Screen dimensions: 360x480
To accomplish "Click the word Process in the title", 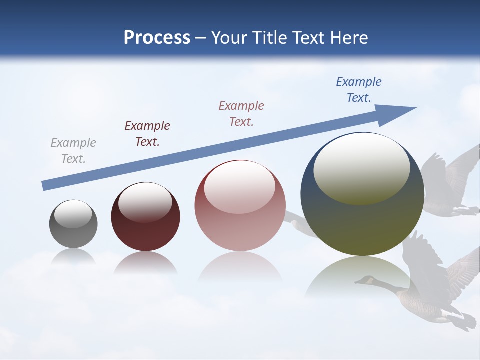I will (x=157, y=38).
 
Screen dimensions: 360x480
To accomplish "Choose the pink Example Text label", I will (x=241, y=113).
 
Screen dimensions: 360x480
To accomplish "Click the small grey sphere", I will (x=73, y=230).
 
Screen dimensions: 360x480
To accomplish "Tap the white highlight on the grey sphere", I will (x=73, y=214).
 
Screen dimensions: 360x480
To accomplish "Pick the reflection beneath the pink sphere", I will (x=240, y=267).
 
